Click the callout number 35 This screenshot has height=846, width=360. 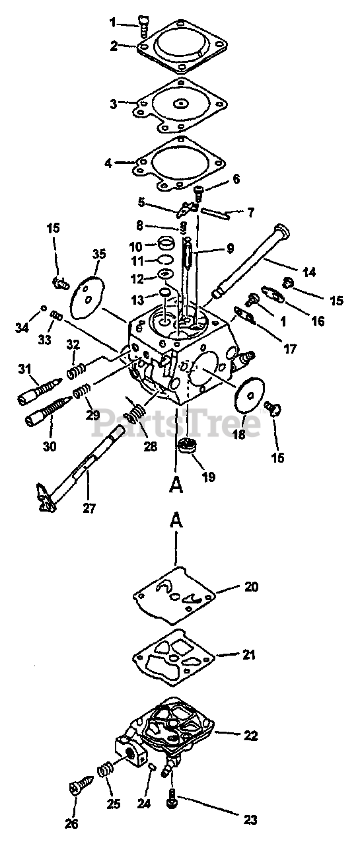point(99,254)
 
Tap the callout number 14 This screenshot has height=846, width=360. point(309,272)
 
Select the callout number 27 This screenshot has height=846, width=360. point(89,508)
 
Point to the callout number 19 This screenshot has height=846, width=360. point(208,477)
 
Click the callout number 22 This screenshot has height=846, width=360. point(250,736)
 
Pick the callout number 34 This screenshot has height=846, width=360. point(22,328)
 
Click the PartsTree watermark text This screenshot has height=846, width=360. point(176,422)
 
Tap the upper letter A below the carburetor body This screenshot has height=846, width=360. point(176,485)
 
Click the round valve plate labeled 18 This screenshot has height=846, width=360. point(249,396)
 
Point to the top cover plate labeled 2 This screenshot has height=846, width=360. point(182,46)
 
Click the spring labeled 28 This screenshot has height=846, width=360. point(136,412)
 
